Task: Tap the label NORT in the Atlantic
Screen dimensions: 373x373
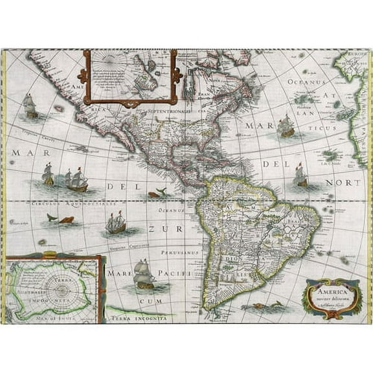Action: point(344,183)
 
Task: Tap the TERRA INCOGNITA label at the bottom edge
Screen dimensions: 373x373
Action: point(141,319)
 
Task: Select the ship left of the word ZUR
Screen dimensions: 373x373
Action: point(116,223)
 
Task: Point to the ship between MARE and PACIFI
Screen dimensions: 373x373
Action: point(144,275)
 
